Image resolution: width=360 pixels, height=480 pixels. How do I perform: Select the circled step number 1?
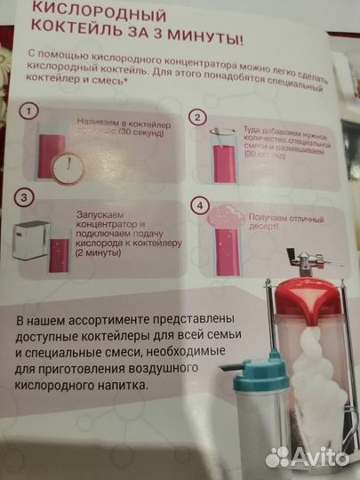tap(31, 111)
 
